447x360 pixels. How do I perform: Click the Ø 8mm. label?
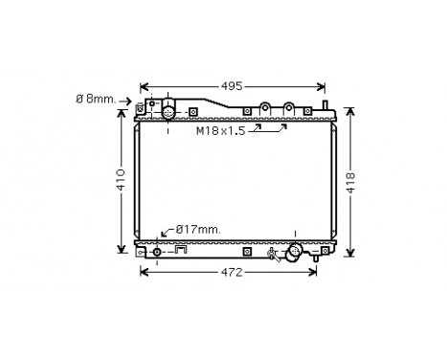point(107,98)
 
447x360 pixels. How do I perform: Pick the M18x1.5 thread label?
point(221,131)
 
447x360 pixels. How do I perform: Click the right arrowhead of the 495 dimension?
point(322,86)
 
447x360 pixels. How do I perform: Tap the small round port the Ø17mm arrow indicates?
point(157,252)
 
